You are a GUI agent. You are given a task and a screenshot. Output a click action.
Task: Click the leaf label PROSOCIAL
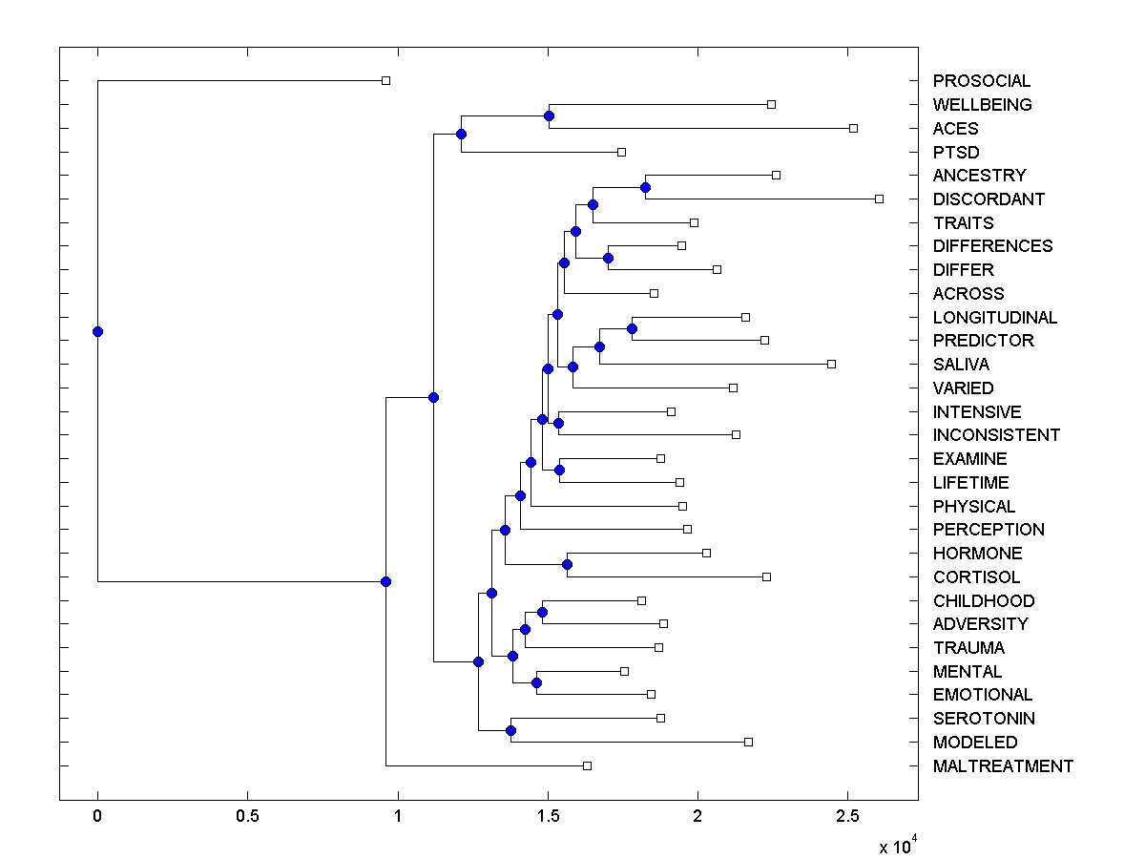click(982, 81)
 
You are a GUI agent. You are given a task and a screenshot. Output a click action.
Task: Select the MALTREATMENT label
click(1003, 765)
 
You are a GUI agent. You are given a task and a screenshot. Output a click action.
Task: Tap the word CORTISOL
click(976, 577)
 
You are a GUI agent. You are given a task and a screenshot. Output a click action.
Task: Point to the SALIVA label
click(961, 365)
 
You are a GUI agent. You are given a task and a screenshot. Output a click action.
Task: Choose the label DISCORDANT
click(989, 199)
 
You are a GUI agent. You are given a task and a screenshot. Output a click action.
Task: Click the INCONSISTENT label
click(996, 435)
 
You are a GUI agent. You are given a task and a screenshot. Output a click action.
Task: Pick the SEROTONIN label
click(984, 719)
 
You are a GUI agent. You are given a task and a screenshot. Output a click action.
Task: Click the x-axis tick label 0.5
click(247, 818)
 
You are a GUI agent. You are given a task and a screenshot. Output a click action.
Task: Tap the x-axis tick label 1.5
click(548, 818)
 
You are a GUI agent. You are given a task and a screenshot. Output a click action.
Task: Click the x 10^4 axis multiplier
click(897, 846)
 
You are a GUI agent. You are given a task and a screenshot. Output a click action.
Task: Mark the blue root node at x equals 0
click(97, 331)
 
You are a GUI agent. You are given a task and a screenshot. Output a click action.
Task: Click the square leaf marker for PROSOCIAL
click(385, 81)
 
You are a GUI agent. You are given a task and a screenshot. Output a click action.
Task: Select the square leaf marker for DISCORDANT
click(879, 199)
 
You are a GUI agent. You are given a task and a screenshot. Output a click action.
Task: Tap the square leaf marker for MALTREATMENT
click(587, 765)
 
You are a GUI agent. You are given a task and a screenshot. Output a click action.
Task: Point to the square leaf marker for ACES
click(853, 128)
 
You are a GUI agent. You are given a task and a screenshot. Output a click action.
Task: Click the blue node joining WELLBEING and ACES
click(549, 115)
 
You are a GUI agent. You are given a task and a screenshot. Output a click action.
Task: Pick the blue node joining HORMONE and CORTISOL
click(567, 565)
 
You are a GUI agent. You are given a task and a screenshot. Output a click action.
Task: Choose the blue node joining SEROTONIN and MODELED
click(510, 730)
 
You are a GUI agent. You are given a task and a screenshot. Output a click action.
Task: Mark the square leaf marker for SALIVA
click(831, 364)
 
